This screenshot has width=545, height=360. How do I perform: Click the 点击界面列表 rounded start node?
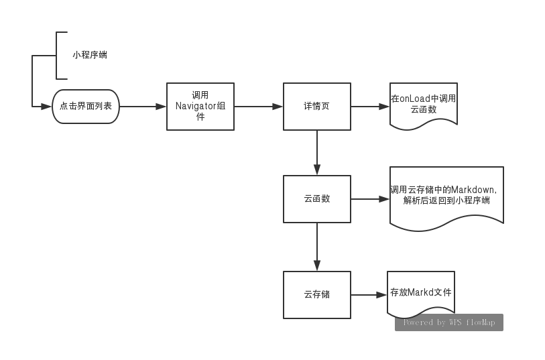pyautogui.click(x=86, y=107)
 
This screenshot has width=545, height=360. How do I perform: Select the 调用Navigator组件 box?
pyautogui.click(x=200, y=107)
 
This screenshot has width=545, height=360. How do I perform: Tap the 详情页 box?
pyautogui.click(x=317, y=107)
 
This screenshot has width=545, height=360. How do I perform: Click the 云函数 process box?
pyautogui.click(x=317, y=199)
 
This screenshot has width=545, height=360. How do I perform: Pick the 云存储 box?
pyautogui.click(x=317, y=294)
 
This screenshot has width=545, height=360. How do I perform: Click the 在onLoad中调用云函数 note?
pyautogui.click(x=424, y=104)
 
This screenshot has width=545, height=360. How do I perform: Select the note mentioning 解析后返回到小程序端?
pyautogui.click(x=446, y=196)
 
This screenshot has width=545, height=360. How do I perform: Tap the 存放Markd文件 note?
pyautogui.click(x=421, y=293)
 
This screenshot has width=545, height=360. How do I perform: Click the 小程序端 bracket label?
pyautogui.click(x=90, y=55)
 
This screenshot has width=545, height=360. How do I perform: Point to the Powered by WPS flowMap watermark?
pyautogui.click(x=449, y=322)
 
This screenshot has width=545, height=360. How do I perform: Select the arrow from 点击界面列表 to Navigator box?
pyautogui.click(x=143, y=107)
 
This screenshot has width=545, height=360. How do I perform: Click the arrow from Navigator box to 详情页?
pyautogui.click(x=259, y=107)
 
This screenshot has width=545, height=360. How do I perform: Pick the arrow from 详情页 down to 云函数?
pyautogui.click(x=317, y=153)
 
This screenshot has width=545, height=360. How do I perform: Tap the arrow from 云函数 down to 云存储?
pyautogui.click(x=317, y=247)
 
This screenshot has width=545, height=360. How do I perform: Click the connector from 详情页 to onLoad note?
pyautogui.click(x=370, y=107)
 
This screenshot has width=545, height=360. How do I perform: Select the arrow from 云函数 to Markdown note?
pyautogui.click(x=370, y=199)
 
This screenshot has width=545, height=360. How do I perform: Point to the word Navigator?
pyautogui.click(x=195, y=106)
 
